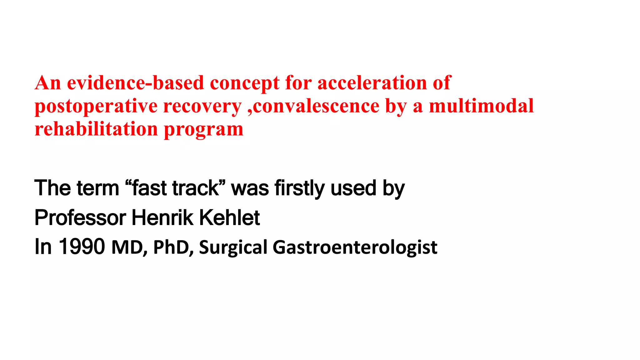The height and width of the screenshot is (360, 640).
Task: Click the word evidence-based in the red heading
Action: point(135,83)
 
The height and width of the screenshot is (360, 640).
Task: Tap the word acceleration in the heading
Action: point(372,83)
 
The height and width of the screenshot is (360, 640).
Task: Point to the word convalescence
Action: point(316,106)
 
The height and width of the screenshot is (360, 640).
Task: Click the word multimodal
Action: point(481,106)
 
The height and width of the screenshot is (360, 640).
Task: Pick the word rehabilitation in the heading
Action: point(96,129)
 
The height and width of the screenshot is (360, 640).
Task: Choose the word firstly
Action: point(300,188)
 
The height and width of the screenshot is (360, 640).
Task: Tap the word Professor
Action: point(80,218)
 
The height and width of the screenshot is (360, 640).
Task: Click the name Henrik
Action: point(162,218)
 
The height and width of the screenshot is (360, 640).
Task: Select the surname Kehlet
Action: point(229,218)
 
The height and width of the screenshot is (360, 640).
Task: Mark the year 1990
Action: point(82,247)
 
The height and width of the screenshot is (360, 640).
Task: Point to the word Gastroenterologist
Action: point(355,247)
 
